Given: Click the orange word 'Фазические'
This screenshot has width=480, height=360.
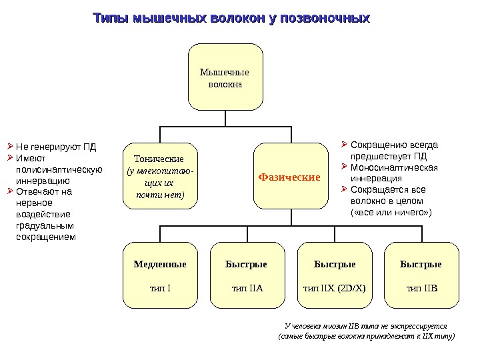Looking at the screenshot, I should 289,178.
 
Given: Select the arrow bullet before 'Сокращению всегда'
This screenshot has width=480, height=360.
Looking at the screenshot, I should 343,144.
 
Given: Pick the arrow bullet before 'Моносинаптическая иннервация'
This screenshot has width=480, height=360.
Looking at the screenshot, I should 343,167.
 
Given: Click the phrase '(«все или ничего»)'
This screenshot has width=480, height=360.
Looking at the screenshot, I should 391,212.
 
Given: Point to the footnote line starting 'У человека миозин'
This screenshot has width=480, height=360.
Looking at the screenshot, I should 365,326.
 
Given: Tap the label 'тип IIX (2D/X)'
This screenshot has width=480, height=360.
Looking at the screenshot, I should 334,288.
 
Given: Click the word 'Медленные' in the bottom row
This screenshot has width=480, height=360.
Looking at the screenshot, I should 160,264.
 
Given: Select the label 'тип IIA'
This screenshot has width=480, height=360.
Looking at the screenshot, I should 247,288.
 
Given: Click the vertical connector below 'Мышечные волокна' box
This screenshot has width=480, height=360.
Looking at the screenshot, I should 225,118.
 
